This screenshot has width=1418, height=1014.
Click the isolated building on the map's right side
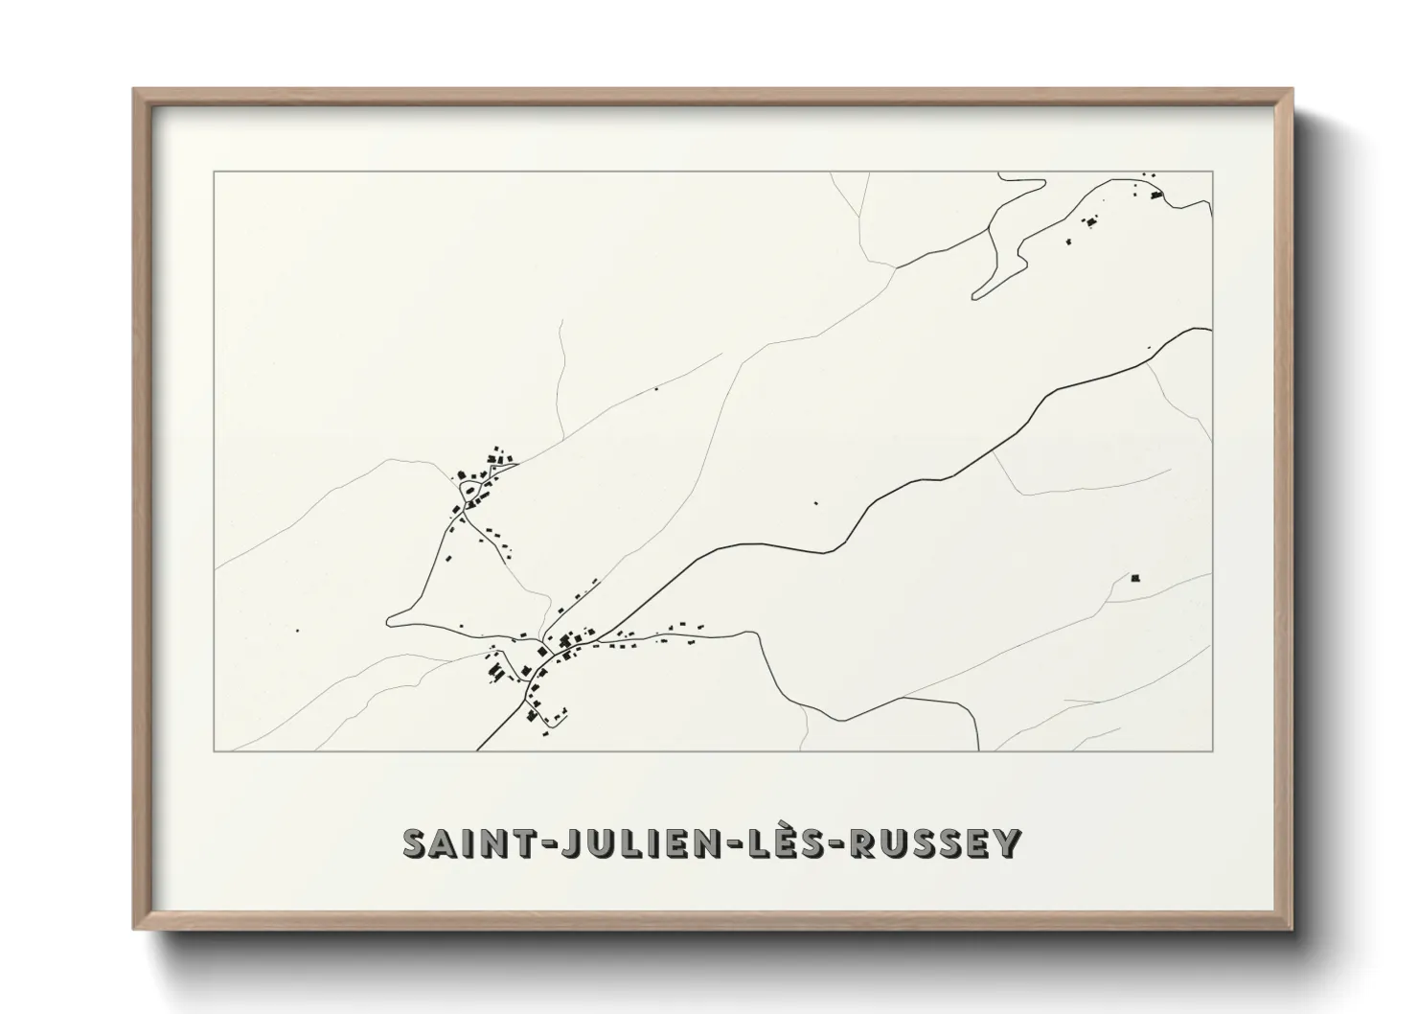[1136, 578]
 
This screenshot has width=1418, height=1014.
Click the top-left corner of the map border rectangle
[214, 173]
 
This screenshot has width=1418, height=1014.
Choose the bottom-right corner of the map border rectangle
[1213, 750]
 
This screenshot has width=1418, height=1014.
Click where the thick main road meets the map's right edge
[1211, 329]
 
